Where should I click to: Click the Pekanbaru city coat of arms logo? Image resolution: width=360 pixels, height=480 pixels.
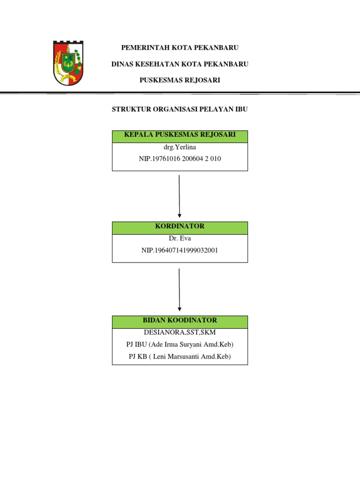[x=68, y=63]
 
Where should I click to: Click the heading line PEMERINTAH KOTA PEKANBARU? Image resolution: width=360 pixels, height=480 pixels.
[x=180, y=48]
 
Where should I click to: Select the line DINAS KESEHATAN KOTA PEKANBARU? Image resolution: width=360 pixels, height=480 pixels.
[x=180, y=64]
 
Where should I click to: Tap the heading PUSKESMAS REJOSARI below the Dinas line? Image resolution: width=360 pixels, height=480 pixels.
[x=180, y=80]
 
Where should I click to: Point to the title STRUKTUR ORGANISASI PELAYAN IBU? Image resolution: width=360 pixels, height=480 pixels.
[x=180, y=109]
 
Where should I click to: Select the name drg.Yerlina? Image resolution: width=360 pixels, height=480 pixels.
[x=180, y=147]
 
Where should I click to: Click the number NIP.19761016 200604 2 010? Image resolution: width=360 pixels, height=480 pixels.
[x=180, y=158]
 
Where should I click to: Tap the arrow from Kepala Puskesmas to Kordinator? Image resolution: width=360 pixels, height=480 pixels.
[x=180, y=196]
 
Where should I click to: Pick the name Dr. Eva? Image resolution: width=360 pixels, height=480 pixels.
[x=180, y=238]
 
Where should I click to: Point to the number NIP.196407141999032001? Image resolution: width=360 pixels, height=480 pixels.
[x=180, y=250]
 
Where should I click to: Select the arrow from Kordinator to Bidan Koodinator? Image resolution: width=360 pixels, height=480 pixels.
[x=180, y=290]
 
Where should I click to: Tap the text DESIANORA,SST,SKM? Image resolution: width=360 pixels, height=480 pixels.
[x=180, y=332]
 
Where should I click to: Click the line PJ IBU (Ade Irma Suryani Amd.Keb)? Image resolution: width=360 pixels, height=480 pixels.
[x=180, y=345]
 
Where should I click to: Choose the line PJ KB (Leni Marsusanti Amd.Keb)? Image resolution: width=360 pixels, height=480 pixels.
[x=180, y=357]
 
